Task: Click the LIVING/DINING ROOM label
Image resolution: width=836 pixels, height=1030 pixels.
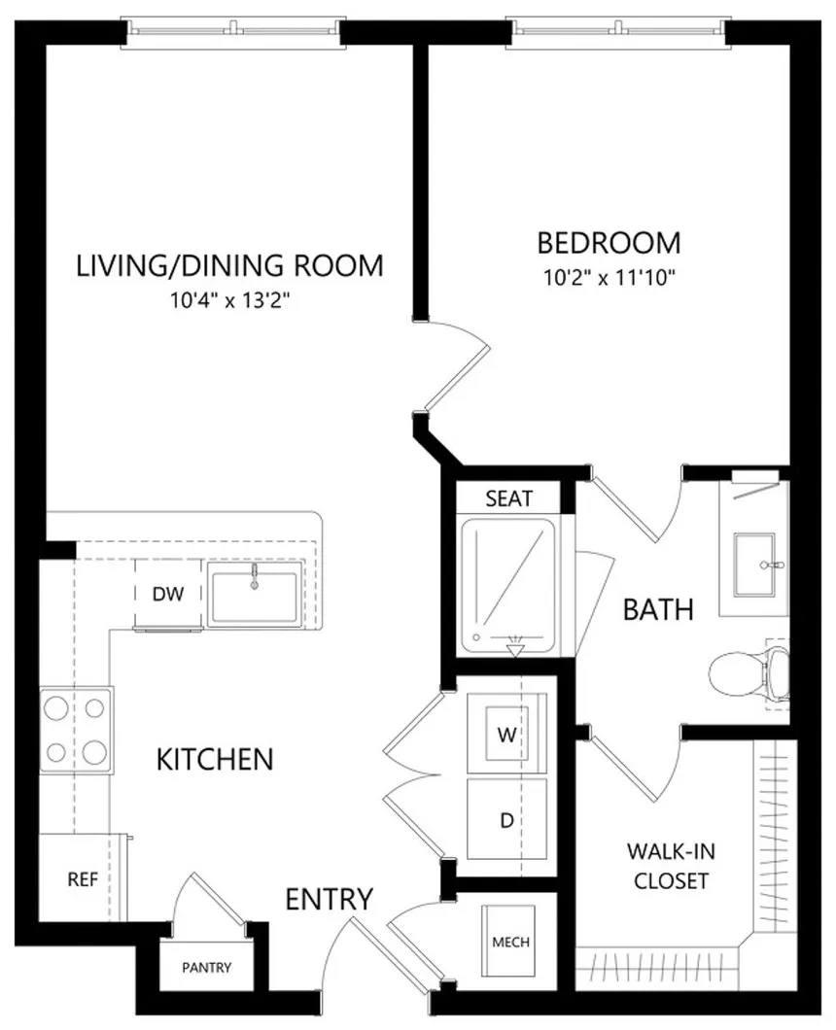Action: tap(230, 265)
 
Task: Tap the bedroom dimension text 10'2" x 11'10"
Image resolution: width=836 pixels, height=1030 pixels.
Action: tap(610, 278)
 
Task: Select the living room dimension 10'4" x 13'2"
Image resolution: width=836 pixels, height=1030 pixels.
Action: tap(230, 300)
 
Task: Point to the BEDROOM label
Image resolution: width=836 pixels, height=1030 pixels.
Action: tap(610, 243)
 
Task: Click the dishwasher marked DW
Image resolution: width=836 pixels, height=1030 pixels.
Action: tap(168, 594)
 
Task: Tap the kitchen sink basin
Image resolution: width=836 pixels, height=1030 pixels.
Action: tap(255, 594)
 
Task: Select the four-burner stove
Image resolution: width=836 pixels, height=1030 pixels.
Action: tap(76, 730)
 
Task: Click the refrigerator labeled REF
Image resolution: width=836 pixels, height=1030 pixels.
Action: tap(83, 878)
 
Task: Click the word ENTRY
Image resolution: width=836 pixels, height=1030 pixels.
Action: tap(330, 899)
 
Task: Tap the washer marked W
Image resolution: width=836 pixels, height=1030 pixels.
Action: tap(506, 733)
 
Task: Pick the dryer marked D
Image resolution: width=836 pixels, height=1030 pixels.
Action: tap(506, 819)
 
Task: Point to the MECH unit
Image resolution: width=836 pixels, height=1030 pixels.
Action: tap(509, 942)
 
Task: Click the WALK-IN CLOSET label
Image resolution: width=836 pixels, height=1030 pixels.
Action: tap(671, 866)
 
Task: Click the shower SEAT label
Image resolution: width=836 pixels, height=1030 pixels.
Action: tap(508, 498)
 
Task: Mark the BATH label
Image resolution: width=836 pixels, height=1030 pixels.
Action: tap(658, 609)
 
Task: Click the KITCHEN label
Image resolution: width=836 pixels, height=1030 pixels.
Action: tap(215, 759)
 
